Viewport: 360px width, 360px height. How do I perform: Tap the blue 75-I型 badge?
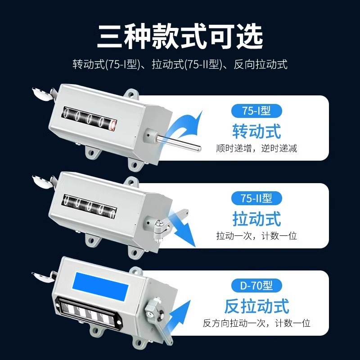point(256,110)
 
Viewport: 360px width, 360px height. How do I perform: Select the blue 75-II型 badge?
point(256,198)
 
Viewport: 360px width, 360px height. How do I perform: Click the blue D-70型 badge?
point(256,285)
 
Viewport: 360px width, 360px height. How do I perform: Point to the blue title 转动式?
point(256,131)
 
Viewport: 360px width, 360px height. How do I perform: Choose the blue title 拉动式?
point(256,219)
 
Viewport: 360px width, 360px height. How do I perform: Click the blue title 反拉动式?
point(256,306)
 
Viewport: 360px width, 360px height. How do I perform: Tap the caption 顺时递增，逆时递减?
point(256,148)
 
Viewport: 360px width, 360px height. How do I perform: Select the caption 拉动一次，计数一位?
point(256,235)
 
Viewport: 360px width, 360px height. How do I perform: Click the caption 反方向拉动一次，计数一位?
point(256,323)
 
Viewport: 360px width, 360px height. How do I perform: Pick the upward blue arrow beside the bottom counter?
point(180,315)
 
